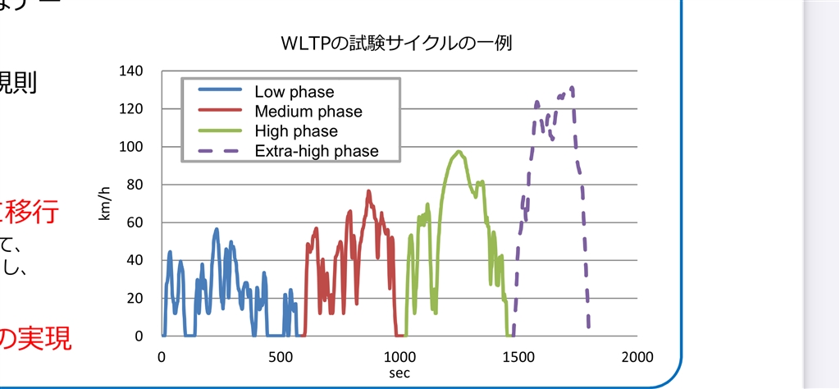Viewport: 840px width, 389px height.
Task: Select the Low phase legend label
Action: (294, 92)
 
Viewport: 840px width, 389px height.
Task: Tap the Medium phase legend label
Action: (308, 112)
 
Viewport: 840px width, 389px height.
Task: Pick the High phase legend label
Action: (295, 131)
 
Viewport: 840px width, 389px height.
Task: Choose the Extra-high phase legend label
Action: (316, 151)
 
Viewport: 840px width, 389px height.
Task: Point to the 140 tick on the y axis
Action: (132, 71)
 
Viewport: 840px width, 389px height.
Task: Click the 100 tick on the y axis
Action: (132, 147)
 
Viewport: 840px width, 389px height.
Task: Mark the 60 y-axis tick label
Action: (135, 222)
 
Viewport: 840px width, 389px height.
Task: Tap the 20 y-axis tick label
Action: (135, 298)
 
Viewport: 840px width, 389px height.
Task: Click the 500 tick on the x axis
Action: (280, 357)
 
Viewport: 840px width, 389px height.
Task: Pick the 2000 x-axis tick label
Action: (637, 357)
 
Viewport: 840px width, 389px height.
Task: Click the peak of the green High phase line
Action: (459, 152)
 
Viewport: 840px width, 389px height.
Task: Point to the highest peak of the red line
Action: (368, 191)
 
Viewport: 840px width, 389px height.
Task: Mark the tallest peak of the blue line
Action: (217, 229)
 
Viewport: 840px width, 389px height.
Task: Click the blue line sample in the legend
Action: (215, 92)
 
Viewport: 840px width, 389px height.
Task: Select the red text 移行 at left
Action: (34, 213)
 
